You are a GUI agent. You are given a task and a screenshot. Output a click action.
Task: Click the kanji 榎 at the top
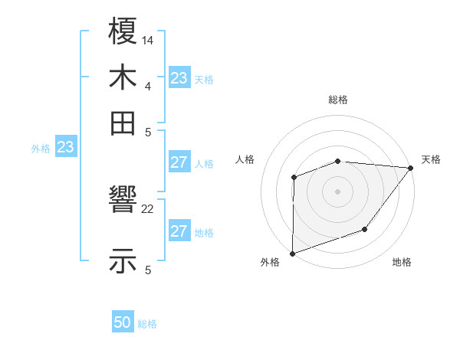coord(123,34)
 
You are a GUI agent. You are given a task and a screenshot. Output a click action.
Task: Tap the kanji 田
coord(123,123)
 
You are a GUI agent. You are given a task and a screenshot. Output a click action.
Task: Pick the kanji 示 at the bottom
coord(123,261)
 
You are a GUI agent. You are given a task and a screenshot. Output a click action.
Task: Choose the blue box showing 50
coord(123,322)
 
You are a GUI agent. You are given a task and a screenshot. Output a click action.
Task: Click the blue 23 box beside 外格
coord(65,147)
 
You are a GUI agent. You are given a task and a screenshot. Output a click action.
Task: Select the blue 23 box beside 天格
coord(179,78)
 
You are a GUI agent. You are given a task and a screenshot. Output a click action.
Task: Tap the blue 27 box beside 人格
coord(179,162)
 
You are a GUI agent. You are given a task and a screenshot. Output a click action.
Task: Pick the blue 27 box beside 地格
coord(179,231)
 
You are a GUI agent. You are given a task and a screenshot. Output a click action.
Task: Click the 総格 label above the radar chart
coord(338,100)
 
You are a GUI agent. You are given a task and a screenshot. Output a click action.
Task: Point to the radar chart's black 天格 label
coord(431,159)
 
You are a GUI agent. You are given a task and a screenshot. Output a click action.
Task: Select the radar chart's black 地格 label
coord(402,263)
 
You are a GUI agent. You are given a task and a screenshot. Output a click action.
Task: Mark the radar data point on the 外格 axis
coord(292,253)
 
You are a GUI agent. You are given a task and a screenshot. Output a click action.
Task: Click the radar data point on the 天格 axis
coord(411,168)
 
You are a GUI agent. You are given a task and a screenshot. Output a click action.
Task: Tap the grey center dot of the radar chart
coord(337,191)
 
